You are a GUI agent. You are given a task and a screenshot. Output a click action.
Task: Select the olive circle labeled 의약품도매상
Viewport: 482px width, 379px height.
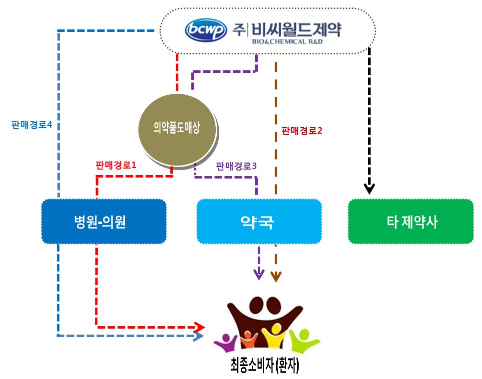click(x=178, y=129)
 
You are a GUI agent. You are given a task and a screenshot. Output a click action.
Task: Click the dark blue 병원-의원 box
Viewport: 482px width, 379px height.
click(x=103, y=222)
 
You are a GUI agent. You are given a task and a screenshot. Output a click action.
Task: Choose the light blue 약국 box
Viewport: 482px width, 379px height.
click(x=259, y=222)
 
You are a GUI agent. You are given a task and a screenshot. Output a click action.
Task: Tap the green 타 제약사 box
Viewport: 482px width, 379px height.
click(x=411, y=222)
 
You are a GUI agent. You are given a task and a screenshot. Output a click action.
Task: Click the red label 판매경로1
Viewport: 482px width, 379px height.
click(x=115, y=165)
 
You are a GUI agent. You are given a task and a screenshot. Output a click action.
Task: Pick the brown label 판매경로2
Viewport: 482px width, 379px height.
click(x=302, y=131)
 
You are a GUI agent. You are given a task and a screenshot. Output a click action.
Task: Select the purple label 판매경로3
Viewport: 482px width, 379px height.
click(x=236, y=166)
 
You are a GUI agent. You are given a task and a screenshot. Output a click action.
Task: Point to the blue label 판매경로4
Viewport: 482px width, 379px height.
click(x=32, y=125)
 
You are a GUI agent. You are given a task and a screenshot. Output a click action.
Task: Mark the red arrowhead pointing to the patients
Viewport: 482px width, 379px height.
click(x=200, y=327)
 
